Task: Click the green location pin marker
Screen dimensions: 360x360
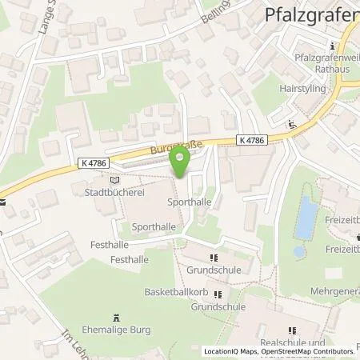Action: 180,163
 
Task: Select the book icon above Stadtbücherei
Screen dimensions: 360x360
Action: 113,181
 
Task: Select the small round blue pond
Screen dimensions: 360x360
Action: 298,250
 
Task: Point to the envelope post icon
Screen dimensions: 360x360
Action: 2,202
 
